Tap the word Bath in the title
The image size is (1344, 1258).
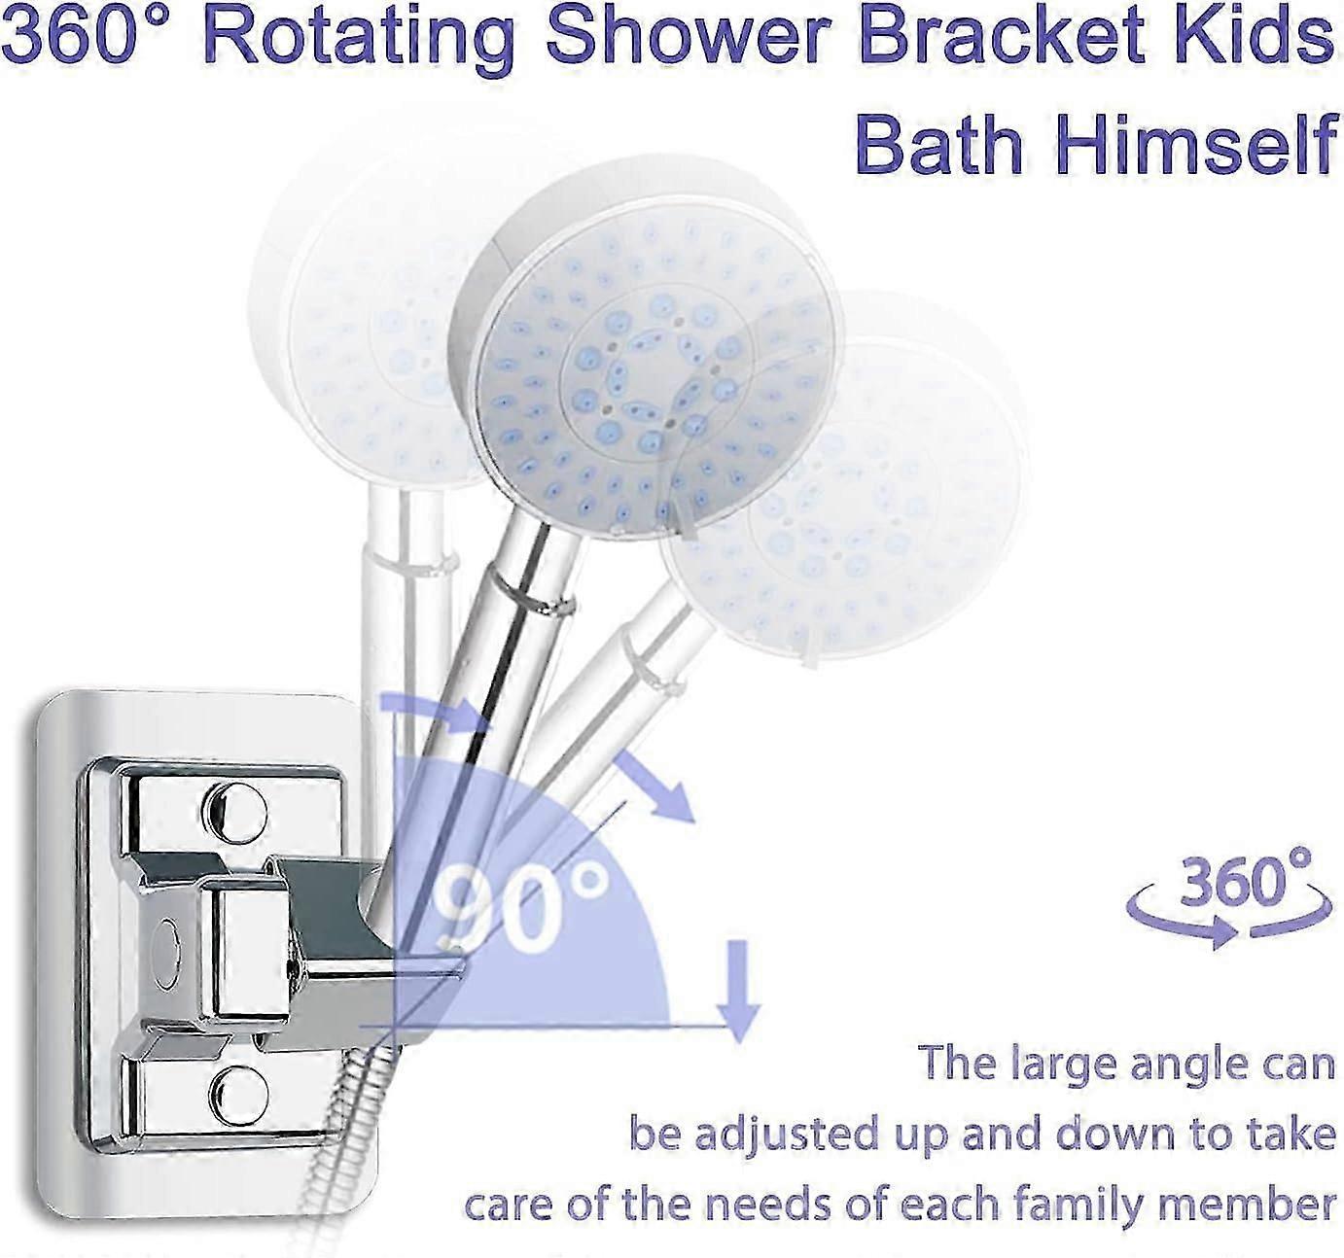pos(938,144)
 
